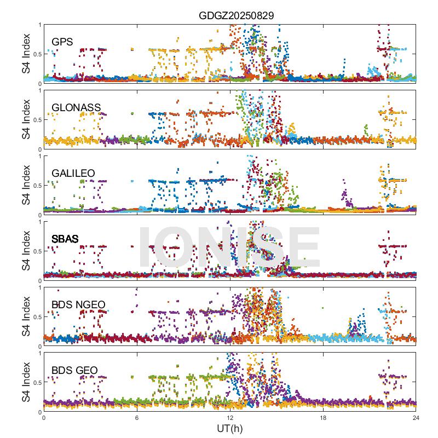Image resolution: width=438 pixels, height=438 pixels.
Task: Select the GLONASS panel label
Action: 76,107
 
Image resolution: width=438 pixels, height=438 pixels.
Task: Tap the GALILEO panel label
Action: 73,174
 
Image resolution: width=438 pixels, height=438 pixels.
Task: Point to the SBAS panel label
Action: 65,239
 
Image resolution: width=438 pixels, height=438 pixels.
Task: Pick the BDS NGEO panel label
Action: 78,305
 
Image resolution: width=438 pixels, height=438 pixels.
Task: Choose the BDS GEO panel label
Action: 74,371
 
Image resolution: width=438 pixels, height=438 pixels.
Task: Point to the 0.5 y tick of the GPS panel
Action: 36,54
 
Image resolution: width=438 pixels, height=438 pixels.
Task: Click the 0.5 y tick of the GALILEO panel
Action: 36,186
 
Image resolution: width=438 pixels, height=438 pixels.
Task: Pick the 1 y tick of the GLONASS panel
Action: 39,90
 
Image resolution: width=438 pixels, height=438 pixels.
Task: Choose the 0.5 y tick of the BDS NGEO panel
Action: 36,317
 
